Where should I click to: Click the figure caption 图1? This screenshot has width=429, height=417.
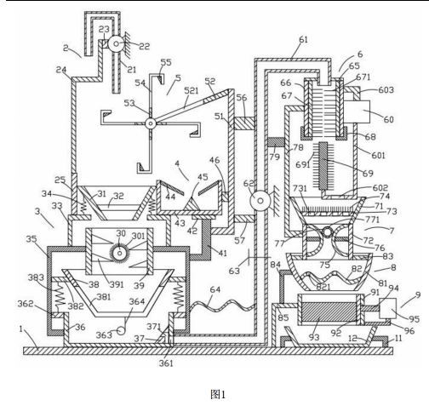click(x=218, y=394)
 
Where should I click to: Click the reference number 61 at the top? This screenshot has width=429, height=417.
click(x=303, y=39)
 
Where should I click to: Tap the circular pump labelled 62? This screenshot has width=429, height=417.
click(x=260, y=201)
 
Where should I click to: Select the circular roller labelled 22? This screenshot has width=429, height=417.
click(x=116, y=43)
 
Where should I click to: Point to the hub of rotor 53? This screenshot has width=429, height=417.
click(x=151, y=123)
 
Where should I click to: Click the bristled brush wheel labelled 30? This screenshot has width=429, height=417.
click(x=120, y=253)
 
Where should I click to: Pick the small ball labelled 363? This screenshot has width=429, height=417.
click(x=121, y=330)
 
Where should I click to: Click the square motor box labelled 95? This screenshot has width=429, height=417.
click(x=387, y=308)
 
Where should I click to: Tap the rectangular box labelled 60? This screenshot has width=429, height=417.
click(x=362, y=111)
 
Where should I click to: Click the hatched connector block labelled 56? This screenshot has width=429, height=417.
click(x=244, y=123)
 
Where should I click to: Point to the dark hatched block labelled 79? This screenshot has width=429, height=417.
click(x=276, y=142)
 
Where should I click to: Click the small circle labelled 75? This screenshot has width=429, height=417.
click(x=327, y=232)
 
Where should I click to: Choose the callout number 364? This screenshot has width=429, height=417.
click(x=137, y=301)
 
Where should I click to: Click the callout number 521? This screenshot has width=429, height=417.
click(x=191, y=91)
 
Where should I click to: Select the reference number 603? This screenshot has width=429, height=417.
click(x=386, y=90)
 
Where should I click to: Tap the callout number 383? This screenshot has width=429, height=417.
click(x=36, y=277)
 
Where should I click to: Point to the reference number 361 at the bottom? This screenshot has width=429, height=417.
click(x=166, y=363)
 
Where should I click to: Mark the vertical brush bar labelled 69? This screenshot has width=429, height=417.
click(x=323, y=166)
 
